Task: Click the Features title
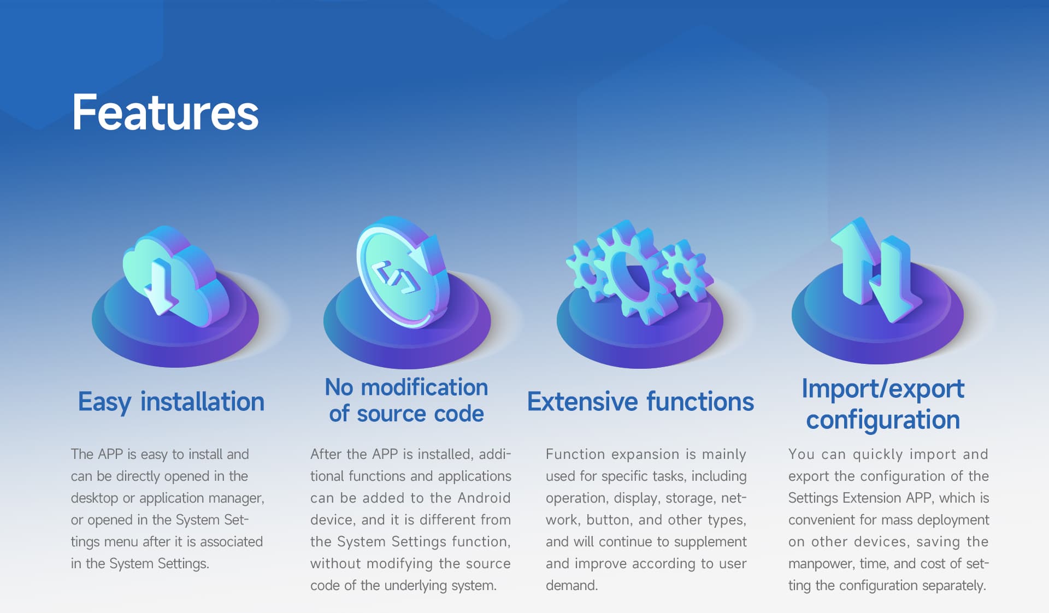[165, 113]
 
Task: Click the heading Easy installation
[171, 402]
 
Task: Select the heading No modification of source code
[406, 400]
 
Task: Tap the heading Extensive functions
[640, 402]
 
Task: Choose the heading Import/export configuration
[883, 404]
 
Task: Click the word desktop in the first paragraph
[95, 498]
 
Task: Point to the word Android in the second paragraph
[484, 498]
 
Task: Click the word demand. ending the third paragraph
[571, 585]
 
